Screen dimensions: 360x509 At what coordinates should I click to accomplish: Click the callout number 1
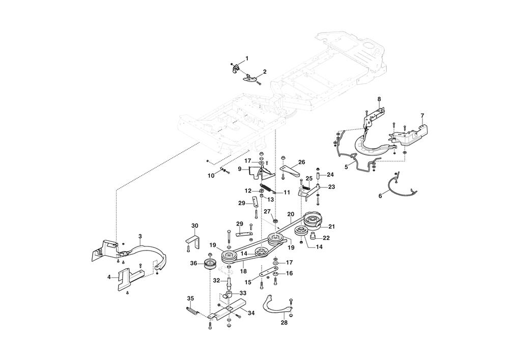pos(247,59)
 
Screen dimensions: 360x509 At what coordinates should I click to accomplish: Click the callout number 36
pos(193,263)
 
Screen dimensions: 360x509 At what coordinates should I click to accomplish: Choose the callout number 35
pos(190,298)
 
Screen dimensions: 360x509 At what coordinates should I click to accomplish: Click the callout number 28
pos(284,323)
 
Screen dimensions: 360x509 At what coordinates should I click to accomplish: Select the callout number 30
pos(194,226)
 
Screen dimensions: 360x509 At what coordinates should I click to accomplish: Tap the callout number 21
pos(332,227)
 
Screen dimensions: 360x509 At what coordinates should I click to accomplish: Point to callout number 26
pos(301,162)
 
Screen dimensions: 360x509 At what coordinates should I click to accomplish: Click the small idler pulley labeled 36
pos(210,264)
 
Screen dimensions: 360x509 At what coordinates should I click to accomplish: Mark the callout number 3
pos(140,236)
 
